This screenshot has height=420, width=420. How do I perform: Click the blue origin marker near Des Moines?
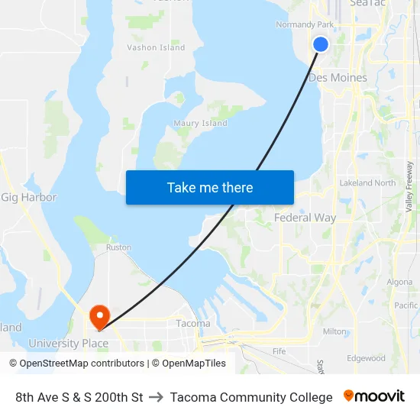(321, 44)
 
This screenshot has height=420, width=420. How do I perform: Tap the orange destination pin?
(99, 315)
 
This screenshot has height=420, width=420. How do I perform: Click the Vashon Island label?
(156, 47)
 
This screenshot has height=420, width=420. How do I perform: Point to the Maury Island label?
(200, 123)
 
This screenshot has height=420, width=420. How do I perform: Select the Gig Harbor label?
(29, 197)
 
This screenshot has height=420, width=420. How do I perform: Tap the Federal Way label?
(305, 218)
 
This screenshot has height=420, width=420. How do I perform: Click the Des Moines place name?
(338, 78)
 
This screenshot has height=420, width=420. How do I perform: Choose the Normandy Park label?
(305, 24)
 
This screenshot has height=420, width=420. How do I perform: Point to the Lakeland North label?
(367, 183)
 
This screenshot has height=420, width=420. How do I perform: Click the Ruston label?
(118, 247)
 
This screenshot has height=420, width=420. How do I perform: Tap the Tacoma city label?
(192, 323)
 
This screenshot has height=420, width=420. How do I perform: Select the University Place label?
(68, 344)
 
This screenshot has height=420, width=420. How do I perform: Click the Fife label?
(279, 351)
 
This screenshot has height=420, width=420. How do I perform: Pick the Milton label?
(334, 331)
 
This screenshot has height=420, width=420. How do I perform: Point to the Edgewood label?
(366, 357)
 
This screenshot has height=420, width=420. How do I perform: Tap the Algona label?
(399, 282)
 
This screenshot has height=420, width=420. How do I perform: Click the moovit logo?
(374, 396)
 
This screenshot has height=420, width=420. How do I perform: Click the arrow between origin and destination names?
(157, 397)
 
